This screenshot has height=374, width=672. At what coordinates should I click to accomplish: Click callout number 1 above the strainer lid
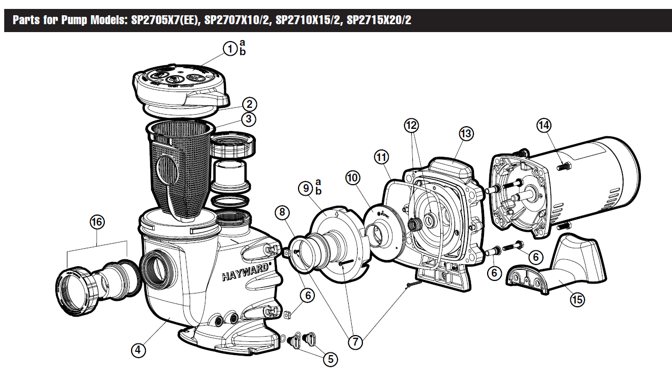point(230,48)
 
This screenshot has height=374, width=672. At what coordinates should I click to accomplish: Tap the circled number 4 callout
point(138,350)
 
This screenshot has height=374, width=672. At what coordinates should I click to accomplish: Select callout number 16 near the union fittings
point(97,222)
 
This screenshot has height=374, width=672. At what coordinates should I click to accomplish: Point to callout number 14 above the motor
point(544,125)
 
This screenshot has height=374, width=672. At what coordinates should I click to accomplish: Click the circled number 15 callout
point(578,299)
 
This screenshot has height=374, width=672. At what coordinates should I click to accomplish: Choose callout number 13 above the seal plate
point(466,134)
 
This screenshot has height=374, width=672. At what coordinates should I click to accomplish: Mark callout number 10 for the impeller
point(353,178)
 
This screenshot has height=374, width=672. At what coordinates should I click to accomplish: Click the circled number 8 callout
point(282,212)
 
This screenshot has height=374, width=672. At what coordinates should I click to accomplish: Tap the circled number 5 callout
point(330,359)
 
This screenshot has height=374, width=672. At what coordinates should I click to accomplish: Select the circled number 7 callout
point(355,342)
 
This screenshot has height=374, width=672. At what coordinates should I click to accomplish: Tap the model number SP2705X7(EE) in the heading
point(166,20)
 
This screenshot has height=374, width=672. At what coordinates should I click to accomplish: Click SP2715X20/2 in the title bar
point(379,20)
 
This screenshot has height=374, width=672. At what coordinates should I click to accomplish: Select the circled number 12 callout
point(411,125)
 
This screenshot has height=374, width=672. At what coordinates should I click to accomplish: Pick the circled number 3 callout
point(249,119)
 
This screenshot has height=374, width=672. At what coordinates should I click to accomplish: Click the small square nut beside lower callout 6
point(288,315)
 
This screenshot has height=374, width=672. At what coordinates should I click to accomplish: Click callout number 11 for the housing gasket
point(381,157)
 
